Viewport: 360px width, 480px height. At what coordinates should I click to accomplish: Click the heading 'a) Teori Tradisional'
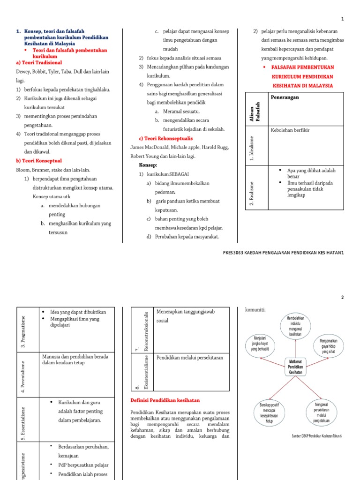(39, 62)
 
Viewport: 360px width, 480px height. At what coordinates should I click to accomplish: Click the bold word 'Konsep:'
(148, 165)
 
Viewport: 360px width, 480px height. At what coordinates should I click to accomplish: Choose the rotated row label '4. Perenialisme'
(23, 373)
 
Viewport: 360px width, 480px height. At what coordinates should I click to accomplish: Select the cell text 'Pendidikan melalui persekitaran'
(190, 357)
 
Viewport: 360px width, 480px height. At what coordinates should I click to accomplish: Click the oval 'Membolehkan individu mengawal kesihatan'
(295, 326)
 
